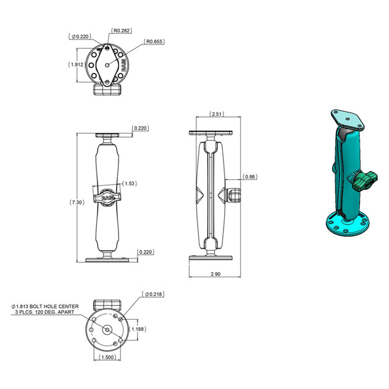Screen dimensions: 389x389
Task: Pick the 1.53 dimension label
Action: pos(130,183)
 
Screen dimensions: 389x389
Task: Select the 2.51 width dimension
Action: pos(216,114)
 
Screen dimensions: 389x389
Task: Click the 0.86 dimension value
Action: pos(250,177)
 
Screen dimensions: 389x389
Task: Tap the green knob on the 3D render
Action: pos(364,182)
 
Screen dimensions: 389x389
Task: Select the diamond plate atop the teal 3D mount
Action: pos(347,119)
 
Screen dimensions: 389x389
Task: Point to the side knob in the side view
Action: pos(233,196)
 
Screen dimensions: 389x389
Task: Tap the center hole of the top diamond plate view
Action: pos(107,63)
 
